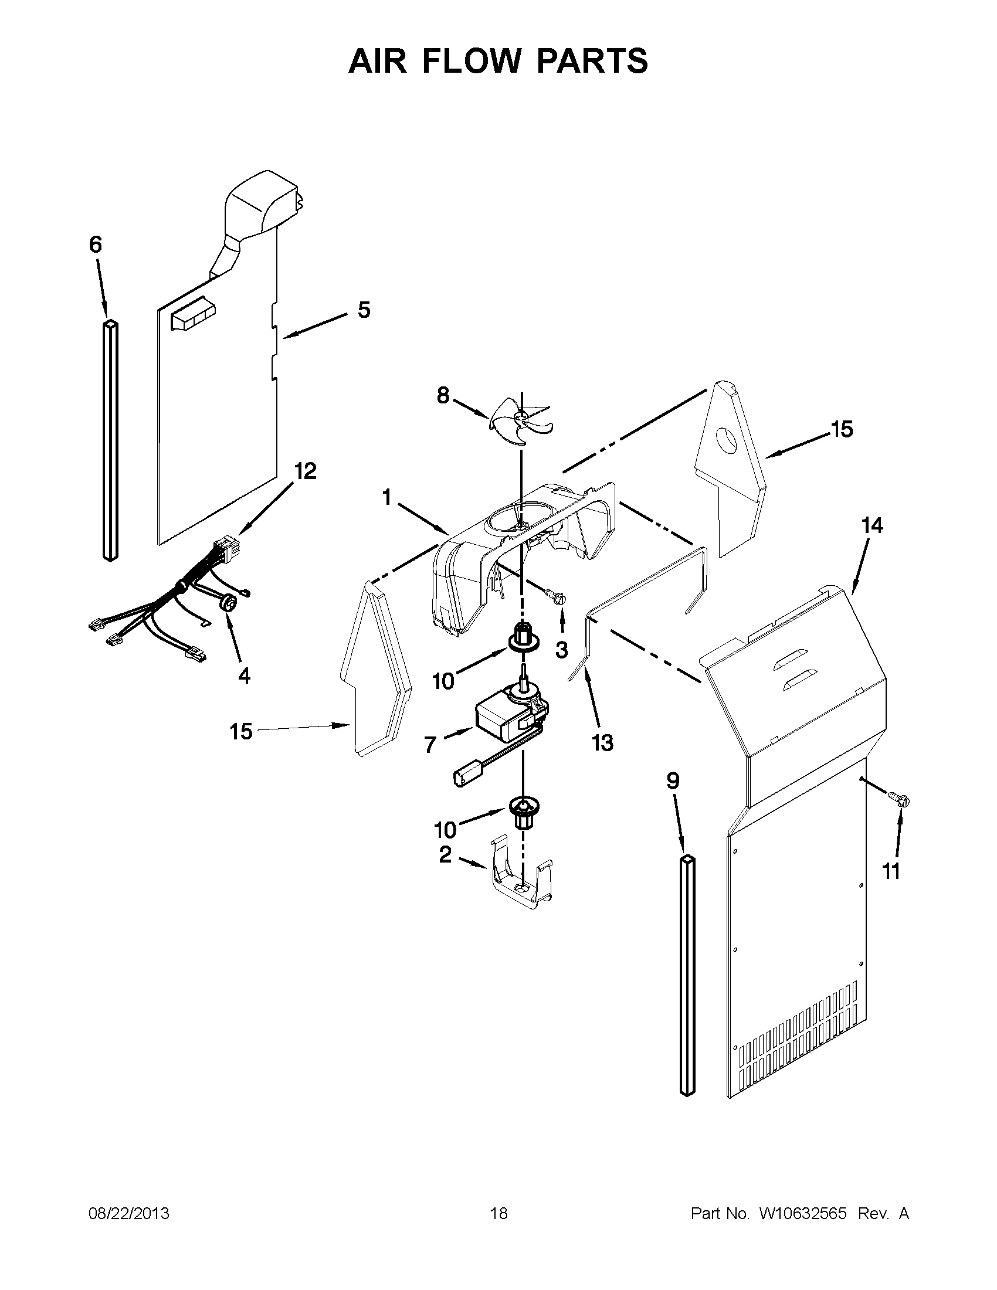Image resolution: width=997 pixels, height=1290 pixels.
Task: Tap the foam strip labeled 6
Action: click(x=110, y=440)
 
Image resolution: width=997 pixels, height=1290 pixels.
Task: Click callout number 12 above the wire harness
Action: click(x=306, y=471)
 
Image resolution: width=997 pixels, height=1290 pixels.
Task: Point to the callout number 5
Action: click(x=364, y=310)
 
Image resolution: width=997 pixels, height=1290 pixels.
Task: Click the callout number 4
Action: click(x=243, y=675)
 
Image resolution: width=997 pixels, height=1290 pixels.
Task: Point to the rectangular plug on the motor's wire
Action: click(x=467, y=776)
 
